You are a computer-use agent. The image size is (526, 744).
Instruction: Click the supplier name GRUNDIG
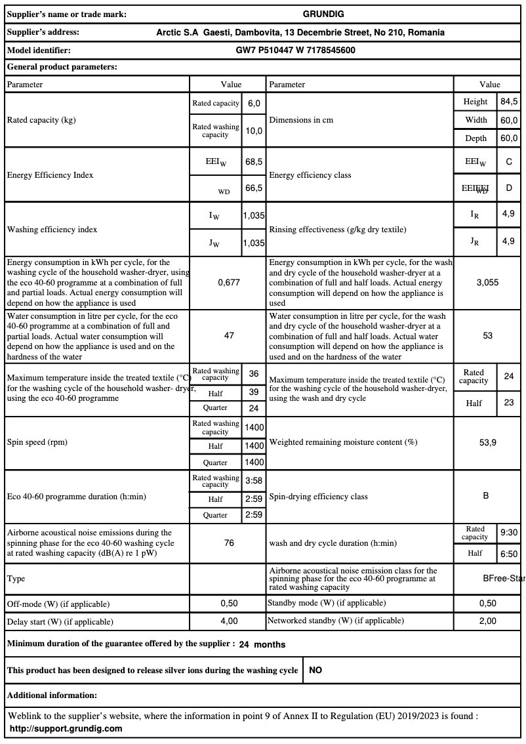[323, 14]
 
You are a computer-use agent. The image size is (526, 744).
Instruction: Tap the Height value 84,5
[509, 102]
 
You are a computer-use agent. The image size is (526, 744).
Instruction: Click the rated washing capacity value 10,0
[254, 131]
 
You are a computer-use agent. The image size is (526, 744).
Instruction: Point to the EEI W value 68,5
[254, 161]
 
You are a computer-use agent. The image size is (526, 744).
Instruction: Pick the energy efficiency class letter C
[509, 161]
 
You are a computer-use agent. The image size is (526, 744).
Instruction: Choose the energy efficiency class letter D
[509, 188]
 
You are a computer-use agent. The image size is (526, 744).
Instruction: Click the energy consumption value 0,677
[229, 282]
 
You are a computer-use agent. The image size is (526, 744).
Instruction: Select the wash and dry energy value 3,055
[487, 282]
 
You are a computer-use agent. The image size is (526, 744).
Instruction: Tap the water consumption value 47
[229, 335]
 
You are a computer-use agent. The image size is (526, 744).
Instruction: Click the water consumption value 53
[487, 335]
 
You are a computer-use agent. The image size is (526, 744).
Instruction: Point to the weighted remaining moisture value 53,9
[487, 442]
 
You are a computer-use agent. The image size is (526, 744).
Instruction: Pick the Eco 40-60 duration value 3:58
[254, 481]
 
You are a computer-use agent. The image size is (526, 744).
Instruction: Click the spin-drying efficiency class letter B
[486, 496]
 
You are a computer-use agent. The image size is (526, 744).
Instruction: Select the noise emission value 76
[229, 543]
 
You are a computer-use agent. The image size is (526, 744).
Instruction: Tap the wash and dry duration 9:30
[509, 533]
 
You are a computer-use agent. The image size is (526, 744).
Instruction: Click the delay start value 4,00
[229, 621]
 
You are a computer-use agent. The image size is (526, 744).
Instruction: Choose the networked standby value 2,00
[487, 621]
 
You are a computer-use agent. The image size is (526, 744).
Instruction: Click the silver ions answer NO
[315, 671]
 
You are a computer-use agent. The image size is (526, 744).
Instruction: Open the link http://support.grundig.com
[66, 729]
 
